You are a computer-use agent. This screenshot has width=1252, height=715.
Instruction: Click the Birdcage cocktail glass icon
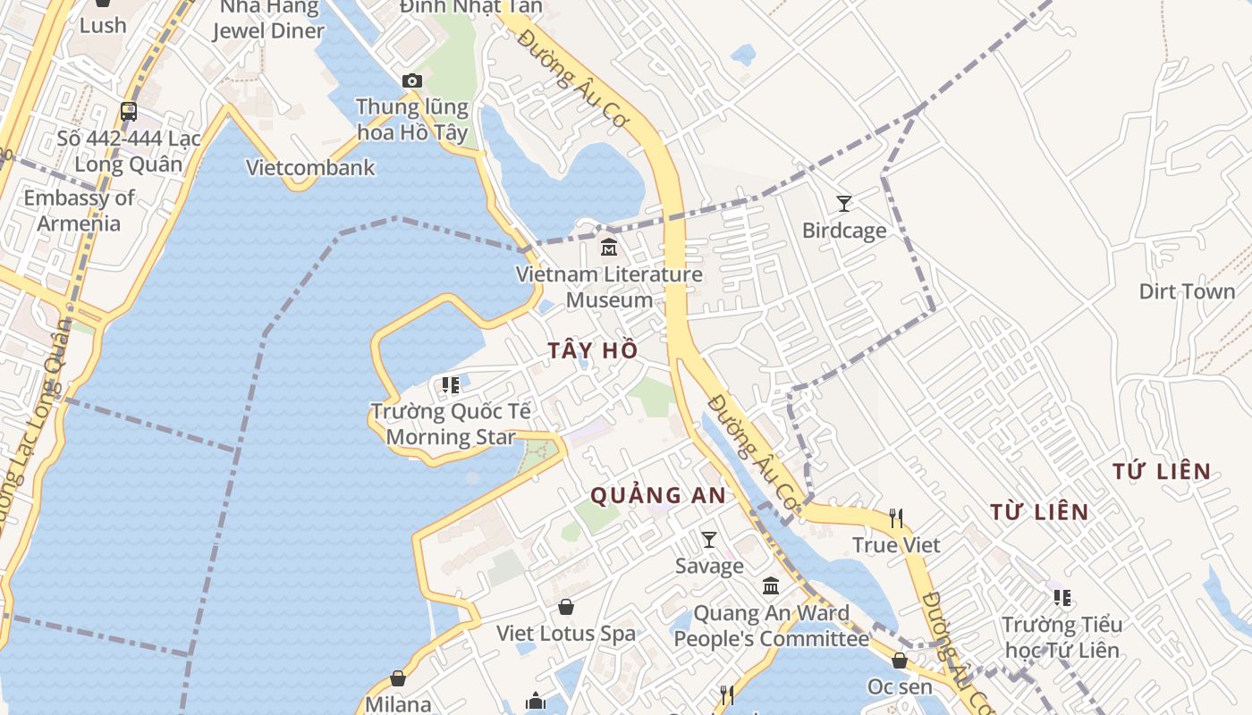pos(843,204)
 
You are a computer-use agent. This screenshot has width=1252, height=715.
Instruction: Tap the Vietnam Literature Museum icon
pos(609,247)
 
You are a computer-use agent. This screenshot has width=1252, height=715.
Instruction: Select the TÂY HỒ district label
pos(593,350)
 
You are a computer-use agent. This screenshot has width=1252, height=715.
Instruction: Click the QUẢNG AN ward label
pos(657,495)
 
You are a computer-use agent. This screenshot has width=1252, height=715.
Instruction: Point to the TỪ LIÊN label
pos(1039,512)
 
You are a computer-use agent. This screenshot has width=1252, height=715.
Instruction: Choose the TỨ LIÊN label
pos(1162,471)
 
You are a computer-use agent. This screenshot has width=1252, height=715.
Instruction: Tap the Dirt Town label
pos(1187,291)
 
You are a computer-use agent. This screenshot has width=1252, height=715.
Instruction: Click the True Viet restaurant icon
pos(895,517)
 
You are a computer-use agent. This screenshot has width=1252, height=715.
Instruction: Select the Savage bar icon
pos(709,539)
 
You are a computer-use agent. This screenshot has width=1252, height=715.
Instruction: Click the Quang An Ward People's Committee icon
pos(770,586)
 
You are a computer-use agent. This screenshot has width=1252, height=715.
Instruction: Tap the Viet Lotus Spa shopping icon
pos(566,608)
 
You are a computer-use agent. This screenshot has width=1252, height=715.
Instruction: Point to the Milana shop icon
pos(398,679)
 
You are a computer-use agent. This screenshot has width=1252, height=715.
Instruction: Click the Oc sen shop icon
pos(900,660)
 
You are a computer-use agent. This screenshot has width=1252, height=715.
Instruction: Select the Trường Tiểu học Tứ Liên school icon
pos(1062,597)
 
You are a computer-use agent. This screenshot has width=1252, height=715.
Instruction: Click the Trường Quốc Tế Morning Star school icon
pos(451,385)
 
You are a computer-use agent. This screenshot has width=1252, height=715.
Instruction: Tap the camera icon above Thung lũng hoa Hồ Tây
pos(411,80)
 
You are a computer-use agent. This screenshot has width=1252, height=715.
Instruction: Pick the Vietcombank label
pos(310,167)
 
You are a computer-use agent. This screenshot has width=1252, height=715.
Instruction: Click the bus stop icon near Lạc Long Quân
pos(129,112)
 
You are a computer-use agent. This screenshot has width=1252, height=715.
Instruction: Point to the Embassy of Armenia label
pos(79,210)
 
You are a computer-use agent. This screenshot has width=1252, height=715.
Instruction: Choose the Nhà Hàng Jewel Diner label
pos(268,19)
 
